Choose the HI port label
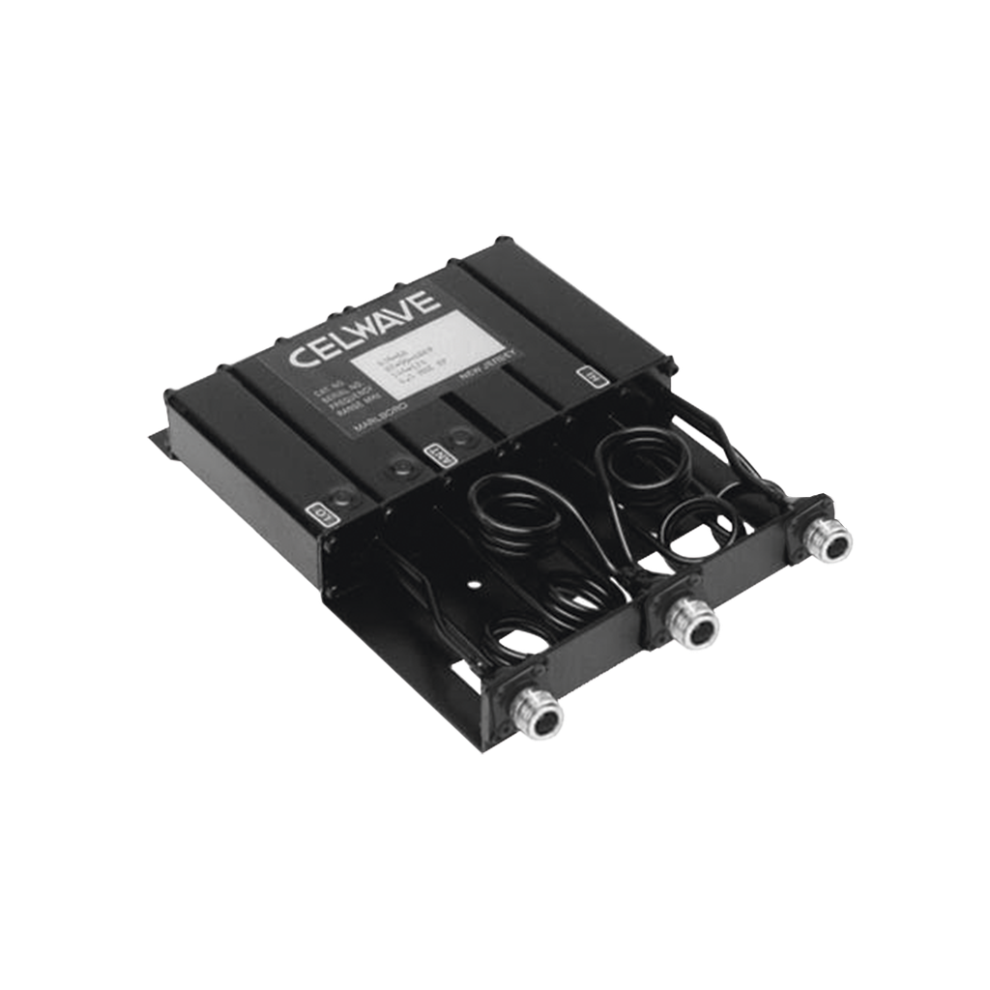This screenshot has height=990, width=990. (x=585, y=374)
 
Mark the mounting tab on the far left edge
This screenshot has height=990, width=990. (x=156, y=440)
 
